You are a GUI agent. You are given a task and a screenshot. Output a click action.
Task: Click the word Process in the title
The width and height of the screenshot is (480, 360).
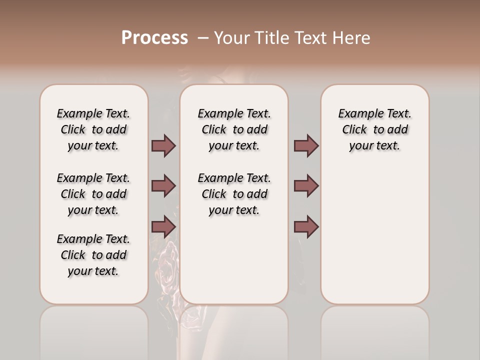click(154, 38)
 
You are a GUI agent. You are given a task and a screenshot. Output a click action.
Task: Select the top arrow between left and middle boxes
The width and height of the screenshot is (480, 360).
click(163, 145)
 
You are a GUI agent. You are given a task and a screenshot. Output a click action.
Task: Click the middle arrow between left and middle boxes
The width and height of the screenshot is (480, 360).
click(163, 186)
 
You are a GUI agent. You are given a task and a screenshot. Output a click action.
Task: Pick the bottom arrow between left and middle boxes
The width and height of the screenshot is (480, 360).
click(163, 227)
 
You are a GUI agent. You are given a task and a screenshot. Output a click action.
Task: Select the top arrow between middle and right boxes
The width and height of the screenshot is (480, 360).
click(306, 145)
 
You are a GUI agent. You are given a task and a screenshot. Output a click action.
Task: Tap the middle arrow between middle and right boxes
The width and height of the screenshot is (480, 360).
click(306, 186)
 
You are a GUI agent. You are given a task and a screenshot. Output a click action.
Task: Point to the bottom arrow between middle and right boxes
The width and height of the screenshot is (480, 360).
click(306, 227)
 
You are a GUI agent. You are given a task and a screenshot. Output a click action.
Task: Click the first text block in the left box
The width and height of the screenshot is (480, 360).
click(93, 129)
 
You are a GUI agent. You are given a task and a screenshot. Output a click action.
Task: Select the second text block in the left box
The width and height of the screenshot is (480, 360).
click(93, 194)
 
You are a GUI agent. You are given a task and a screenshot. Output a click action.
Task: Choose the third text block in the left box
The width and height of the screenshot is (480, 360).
click(93, 255)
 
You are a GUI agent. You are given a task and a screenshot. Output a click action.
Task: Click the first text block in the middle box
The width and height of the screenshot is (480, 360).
click(234, 129)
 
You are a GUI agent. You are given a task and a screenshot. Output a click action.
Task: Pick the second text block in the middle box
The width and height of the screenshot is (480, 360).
click(234, 194)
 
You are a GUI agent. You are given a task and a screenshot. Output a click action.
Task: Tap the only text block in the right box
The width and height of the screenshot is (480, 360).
click(374, 129)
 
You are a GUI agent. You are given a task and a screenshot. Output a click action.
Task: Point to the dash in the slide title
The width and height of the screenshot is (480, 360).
click(203, 38)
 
